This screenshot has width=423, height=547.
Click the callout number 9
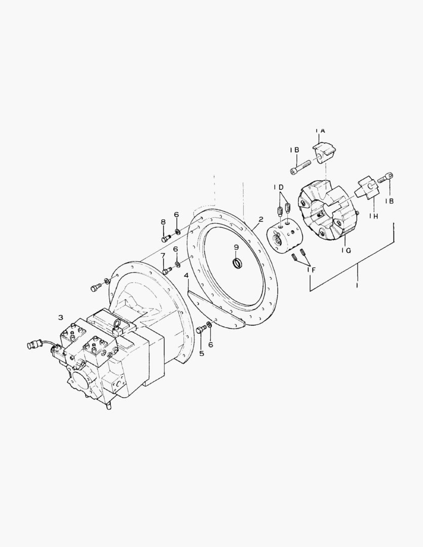tap(236, 247)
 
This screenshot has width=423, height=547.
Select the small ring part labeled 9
tap(237, 263)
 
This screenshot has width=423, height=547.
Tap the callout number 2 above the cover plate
tap(260, 220)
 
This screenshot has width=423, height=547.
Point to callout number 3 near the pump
tap(60, 318)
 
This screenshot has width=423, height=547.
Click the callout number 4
tap(186, 276)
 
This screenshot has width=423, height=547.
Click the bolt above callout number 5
tap(200, 329)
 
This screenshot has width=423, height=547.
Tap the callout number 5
tap(201, 353)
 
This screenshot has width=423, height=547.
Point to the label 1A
tap(320, 131)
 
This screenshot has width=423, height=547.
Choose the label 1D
tap(279, 187)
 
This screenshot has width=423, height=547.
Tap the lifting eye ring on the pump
tap(117, 325)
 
